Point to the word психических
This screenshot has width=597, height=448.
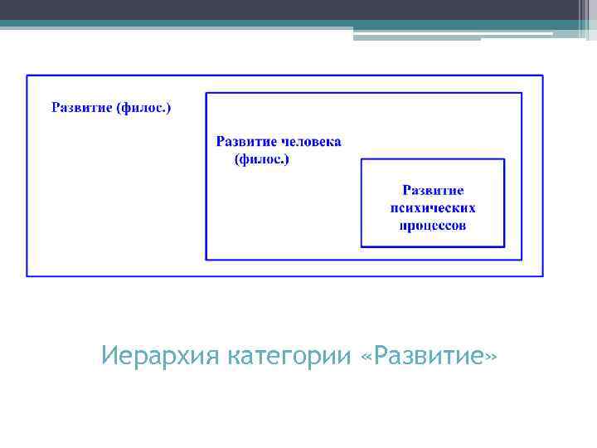pyautogui.click(x=433, y=208)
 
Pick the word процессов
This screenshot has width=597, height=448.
pyautogui.click(x=433, y=225)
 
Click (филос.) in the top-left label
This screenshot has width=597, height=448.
pyautogui.click(x=144, y=107)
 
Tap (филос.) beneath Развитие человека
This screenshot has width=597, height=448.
pyautogui.click(x=262, y=158)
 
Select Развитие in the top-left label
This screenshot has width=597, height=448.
pyautogui.click(x=82, y=107)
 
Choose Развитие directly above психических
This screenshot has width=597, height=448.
pyautogui.click(x=433, y=191)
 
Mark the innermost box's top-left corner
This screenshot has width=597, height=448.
pyautogui.click(x=362, y=159)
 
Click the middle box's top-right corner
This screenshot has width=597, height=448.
pyautogui.click(x=522, y=93)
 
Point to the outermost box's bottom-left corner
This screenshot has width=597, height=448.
pyautogui.click(x=27, y=275)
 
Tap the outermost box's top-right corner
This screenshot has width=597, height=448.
pyautogui.click(x=543, y=75)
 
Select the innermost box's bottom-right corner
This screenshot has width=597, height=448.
pyautogui.click(x=504, y=246)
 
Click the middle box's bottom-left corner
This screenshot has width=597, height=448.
pyautogui.click(x=206, y=260)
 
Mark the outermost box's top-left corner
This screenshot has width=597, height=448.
pyautogui.click(x=27, y=75)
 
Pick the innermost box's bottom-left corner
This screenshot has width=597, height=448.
pyautogui.click(x=362, y=246)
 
